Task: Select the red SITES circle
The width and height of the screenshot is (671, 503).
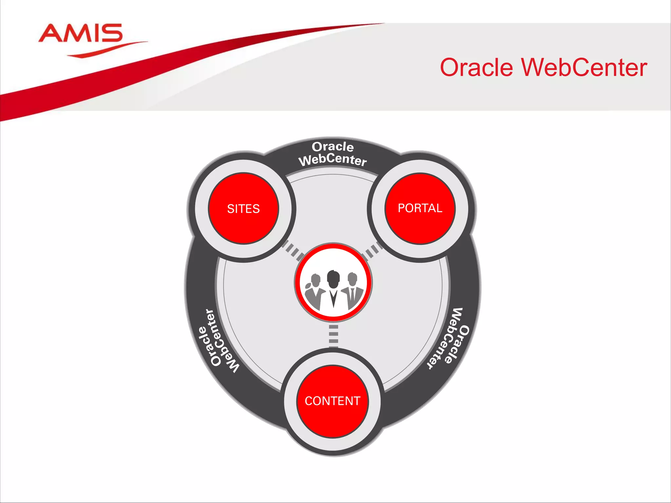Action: (243, 209)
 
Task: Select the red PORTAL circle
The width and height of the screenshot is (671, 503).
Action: (420, 208)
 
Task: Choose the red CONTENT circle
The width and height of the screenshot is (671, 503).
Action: (333, 401)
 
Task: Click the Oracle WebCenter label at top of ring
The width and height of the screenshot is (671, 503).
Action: (333, 154)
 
